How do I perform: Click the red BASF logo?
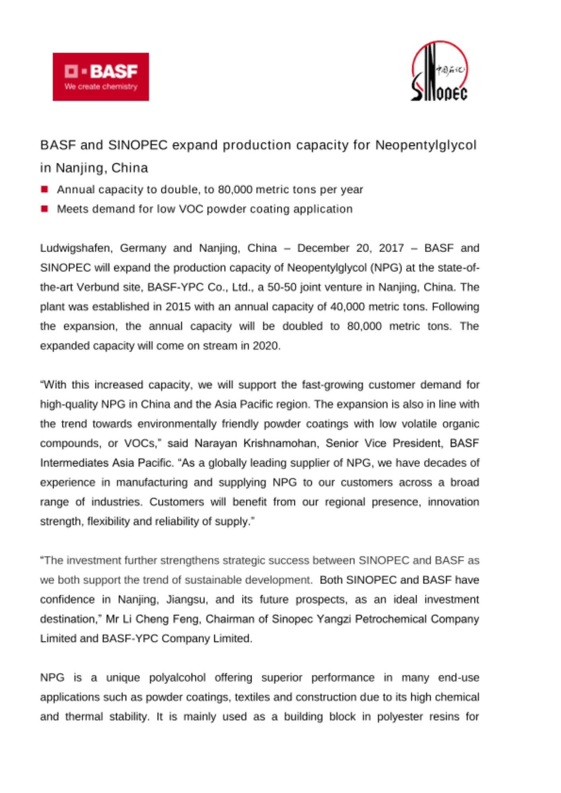(x=101, y=77)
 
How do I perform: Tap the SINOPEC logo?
(x=439, y=71)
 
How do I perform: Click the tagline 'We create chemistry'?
(x=101, y=87)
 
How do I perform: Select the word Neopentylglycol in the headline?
(x=425, y=146)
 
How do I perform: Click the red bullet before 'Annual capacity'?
(x=44, y=189)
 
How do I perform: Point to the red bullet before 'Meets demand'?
(x=44, y=209)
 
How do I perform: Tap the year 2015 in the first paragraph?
(x=178, y=307)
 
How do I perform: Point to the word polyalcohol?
(x=177, y=678)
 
